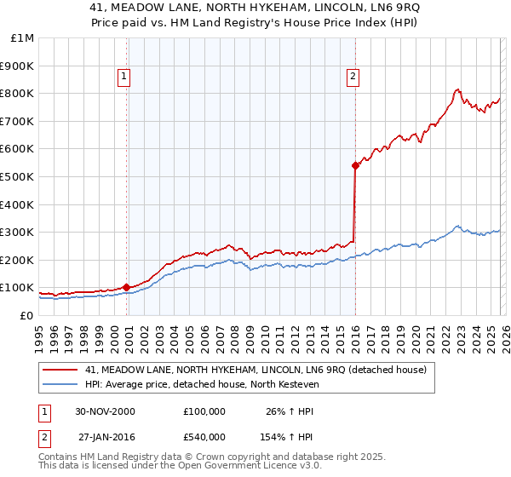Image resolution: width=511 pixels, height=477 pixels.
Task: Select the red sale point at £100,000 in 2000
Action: pos(127,287)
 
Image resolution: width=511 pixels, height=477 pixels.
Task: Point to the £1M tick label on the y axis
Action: pos(20,38)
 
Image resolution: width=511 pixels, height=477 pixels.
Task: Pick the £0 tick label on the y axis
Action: pos(26,315)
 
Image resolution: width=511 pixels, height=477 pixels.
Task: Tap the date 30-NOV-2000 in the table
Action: pos(105,411)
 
